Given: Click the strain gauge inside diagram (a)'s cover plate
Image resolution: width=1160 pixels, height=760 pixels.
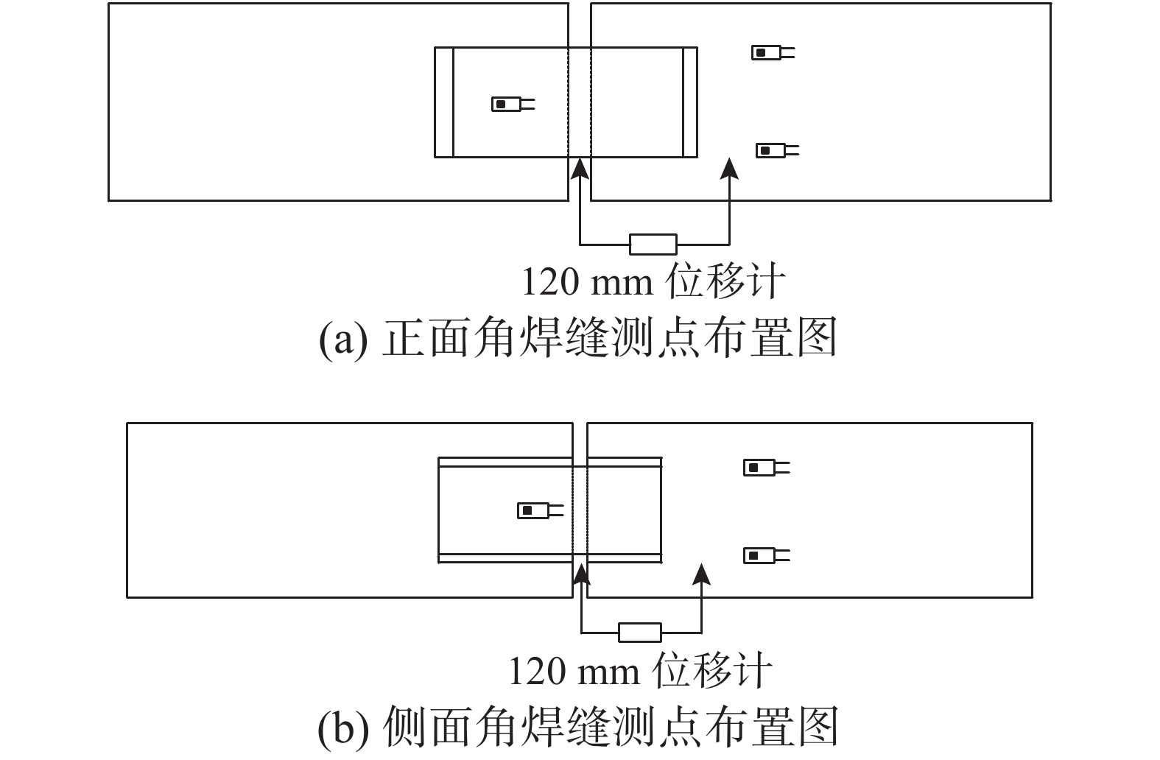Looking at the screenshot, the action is (x=513, y=104).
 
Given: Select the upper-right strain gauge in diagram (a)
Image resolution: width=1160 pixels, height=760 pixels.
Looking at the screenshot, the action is (x=773, y=52).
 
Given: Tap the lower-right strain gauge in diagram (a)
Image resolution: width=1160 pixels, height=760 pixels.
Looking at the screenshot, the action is (x=777, y=151).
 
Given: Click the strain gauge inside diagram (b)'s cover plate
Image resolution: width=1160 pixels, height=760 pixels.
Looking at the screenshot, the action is (x=540, y=511).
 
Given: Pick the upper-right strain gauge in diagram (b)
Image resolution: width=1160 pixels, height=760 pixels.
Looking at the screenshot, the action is (x=767, y=468).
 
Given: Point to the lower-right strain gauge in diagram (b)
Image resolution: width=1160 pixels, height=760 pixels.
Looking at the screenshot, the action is (x=767, y=555).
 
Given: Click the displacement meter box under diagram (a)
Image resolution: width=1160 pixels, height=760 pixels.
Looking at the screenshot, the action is (x=653, y=244).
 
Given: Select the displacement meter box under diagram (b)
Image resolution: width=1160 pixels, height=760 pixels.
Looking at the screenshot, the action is (x=640, y=633).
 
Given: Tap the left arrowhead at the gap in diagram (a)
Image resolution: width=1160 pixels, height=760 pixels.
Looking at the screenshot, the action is (x=580, y=169).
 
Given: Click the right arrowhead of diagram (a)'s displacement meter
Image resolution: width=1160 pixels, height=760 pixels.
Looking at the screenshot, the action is (x=729, y=169).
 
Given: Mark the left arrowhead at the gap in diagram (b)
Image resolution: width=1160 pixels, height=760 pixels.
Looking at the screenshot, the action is (x=582, y=574).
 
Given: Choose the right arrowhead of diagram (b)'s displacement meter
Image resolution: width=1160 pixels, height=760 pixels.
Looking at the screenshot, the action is (x=702, y=574).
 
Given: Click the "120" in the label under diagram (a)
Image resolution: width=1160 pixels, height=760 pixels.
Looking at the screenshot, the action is (x=550, y=282).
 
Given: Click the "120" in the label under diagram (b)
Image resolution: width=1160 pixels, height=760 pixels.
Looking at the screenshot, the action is (x=537, y=672).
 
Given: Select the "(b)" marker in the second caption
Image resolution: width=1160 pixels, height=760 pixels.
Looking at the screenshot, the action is (x=343, y=728).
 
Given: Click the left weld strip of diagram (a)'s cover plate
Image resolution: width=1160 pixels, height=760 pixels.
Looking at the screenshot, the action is (x=444, y=102).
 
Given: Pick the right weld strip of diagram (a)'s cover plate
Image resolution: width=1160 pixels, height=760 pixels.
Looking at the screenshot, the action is (x=690, y=102).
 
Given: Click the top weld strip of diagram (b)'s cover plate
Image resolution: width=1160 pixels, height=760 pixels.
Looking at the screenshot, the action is (x=550, y=462).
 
